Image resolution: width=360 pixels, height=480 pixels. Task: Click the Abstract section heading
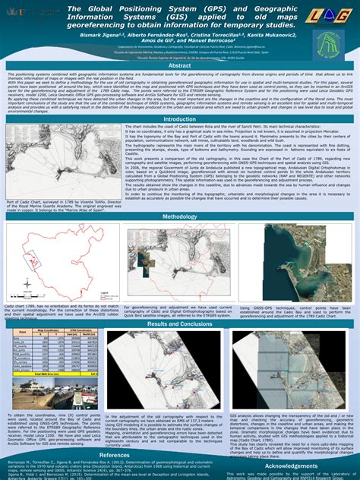click(179, 66)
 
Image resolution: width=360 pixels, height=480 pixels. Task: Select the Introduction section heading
click(179, 119)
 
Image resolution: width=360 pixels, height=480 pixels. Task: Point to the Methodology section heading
click(179, 216)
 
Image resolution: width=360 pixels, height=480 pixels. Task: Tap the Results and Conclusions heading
click(179, 324)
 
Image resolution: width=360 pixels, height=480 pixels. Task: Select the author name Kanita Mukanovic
click(267, 36)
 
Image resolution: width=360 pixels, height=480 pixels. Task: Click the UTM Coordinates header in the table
click(81, 330)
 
